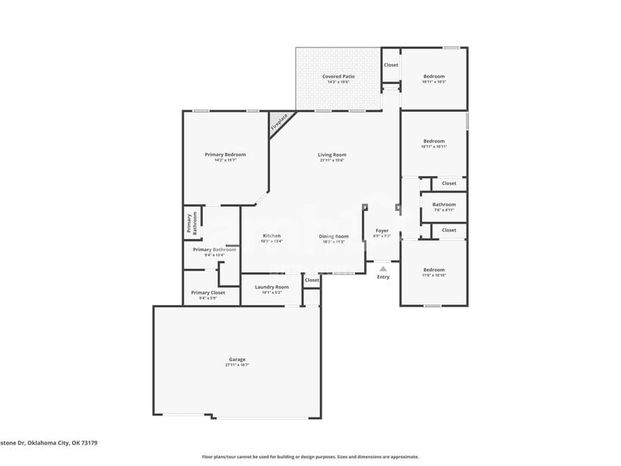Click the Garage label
pos(237,359)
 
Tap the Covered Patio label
pos(338,77)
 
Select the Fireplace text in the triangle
pos(278,123)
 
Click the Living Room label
pos(332,155)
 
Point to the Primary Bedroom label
pos(225,155)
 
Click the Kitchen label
pos(272,235)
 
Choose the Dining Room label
pos(333,236)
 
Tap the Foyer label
pos(382,231)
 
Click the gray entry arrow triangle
pos(383,269)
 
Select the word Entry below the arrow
pos(383,277)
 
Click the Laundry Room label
pos(271,287)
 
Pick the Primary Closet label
pos(208,292)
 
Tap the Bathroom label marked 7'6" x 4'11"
pos(444,204)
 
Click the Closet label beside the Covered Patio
pos(391,65)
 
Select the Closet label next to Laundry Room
pos(312,280)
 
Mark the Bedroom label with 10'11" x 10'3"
pos(434,77)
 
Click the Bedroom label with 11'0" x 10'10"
pos(433,269)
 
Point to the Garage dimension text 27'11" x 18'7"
pos(237,365)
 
